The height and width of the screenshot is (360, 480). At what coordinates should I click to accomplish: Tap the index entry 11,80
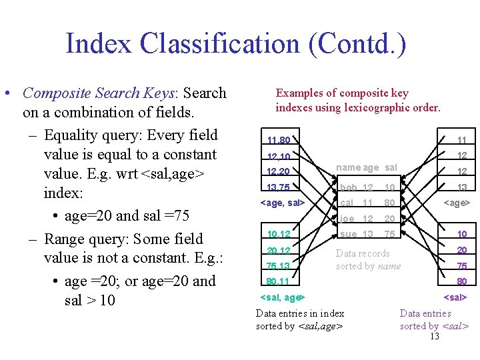(x=278, y=141)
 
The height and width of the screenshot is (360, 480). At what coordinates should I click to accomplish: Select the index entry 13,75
(x=278, y=187)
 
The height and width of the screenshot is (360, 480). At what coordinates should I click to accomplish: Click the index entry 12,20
(x=278, y=172)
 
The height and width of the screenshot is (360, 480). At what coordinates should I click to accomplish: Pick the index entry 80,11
(x=278, y=281)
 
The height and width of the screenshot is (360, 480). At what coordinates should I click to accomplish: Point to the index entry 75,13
(x=278, y=266)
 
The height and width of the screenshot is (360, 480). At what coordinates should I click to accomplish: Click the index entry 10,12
(x=278, y=234)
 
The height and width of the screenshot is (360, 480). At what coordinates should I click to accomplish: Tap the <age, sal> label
(x=281, y=202)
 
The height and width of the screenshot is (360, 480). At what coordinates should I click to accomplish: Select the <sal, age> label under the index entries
(x=281, y=297)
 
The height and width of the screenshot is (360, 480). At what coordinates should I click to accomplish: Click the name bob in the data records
(x=348, y=187)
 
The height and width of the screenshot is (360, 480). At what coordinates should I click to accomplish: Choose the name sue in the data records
(x=348, y=234)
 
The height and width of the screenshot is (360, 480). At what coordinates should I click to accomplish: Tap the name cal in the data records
(x=347, y=203)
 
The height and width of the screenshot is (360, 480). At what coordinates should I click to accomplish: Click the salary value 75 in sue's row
(x=390, y=234)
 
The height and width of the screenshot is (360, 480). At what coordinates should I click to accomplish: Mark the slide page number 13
(x=435, y=336)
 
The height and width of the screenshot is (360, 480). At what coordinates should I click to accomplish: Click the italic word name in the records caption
(x=389, y=266)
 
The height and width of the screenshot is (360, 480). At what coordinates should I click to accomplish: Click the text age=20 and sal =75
(x=127, y=216)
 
